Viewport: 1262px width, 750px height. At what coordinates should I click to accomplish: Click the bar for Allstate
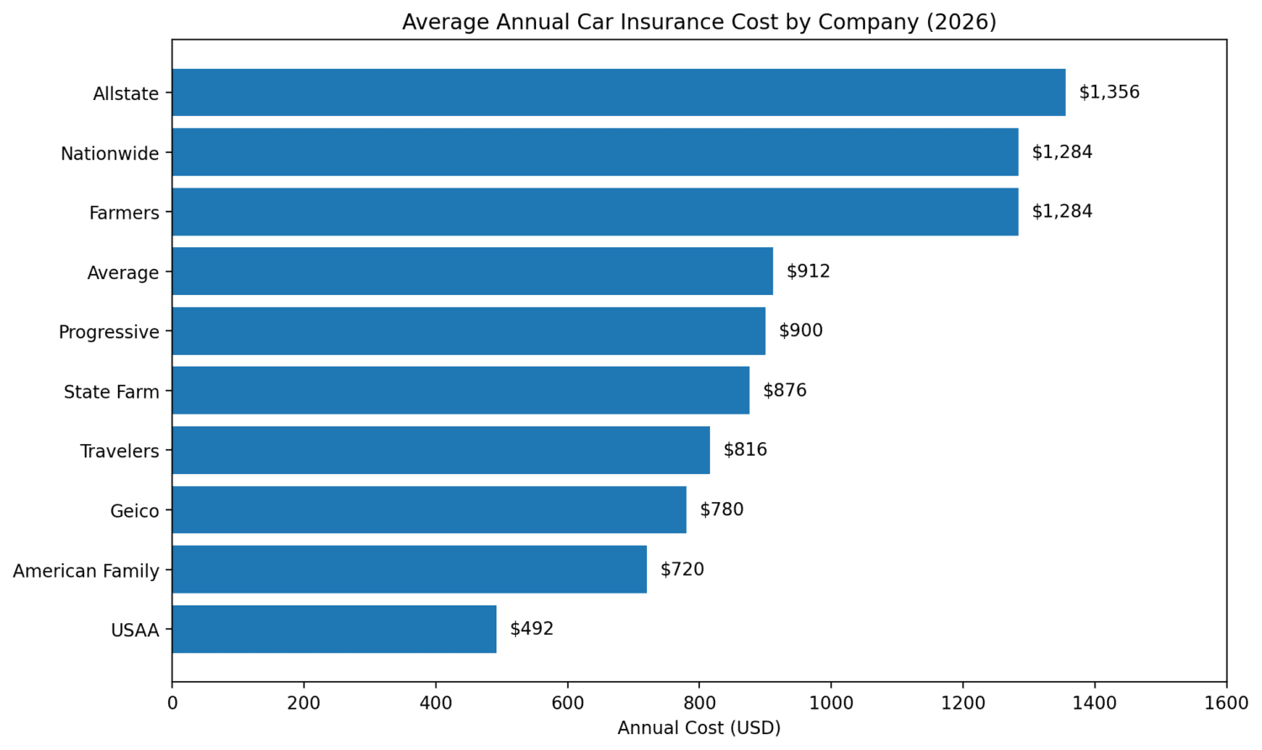click(x=618, y=92)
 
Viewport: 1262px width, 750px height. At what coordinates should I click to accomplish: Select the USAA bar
click(x=334, y=629)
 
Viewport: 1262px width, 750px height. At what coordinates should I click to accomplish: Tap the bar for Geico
click(x=429, y=510)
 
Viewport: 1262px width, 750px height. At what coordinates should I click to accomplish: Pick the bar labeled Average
click(x=472, y=271)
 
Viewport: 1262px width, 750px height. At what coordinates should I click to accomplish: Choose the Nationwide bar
click(x=595, y=152)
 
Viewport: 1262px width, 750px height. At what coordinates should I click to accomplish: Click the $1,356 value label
click(x=1109, y=92)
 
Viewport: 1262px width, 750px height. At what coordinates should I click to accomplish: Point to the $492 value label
click(x=532, y=629)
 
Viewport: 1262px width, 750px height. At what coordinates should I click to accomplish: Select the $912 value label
click(x=808, y=271)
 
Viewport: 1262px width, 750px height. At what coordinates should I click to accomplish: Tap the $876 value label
click(x=784, y=390)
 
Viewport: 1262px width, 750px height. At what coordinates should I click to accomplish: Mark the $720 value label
click(x=681, y=569)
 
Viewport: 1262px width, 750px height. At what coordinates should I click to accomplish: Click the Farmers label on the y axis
click(x=124, y=213)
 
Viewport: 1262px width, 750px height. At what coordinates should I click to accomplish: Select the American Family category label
click(x=86, y=571)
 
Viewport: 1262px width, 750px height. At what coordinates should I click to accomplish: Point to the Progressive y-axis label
click(x=109, y=332)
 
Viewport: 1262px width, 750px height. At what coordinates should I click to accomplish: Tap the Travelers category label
click(x=119, y=452)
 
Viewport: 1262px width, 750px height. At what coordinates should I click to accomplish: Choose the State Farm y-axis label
click(x=111, y=392)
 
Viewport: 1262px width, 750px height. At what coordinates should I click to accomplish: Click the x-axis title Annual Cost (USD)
click(x=698, y=728)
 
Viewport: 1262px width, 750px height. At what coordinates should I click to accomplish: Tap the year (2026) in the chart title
click(x=961, y=22)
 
